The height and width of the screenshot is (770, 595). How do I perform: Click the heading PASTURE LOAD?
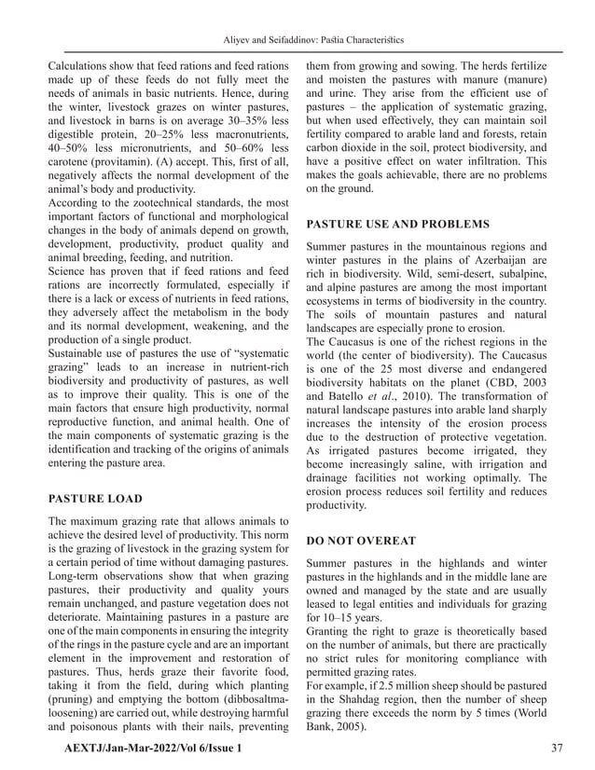[94, 498]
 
